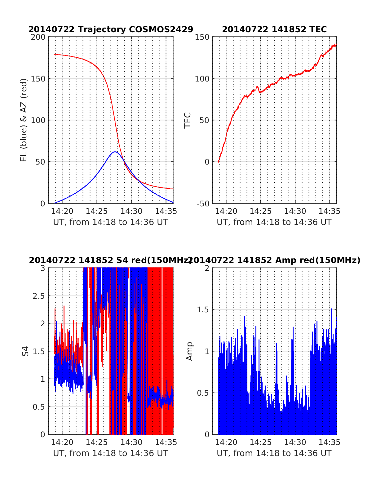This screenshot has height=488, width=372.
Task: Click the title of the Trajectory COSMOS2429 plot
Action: (x=111, y=29)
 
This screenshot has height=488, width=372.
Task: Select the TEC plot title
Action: (x=274, y=29)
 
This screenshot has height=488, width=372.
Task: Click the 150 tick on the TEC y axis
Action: (x=202, y=37)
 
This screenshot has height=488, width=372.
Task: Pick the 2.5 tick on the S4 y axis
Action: (x=39, y=296)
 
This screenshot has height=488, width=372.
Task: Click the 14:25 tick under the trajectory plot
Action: (x=97, y=211)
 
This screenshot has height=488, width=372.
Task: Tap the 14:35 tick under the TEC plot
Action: (x=330, y=211)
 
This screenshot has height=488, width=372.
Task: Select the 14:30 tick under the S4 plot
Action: (x=131, y=442)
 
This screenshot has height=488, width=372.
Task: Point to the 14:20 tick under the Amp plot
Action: (x=226, y=442)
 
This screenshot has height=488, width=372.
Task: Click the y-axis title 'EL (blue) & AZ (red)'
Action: (x=24, y=120)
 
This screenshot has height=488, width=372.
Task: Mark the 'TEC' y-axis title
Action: (x=188, y=120)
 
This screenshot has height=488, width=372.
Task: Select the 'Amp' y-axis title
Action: (x=189, y=351)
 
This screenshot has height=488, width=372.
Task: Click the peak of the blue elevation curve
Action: (x=115, y=152)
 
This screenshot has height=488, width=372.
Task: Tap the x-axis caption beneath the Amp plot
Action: (x=274, y=453)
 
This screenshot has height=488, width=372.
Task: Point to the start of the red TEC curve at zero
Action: (x=218, y=162)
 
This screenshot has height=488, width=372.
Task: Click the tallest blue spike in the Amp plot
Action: (x=331, y=309)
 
